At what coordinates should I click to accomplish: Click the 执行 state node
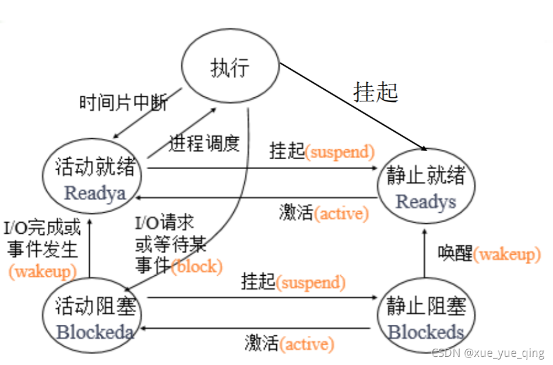click(x=230, y=66)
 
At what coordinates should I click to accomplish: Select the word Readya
click(x=95, y=194)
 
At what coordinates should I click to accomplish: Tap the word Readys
click(x=426, y=202)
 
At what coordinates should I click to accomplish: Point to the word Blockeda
click(x=95, y=332)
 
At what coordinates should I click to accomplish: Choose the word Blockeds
click(x=426, y=332)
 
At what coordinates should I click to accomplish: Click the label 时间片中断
click(x=124, y=103)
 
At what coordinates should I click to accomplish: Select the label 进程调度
click(x=204, y=143)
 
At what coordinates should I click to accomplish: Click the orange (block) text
click(x=197, y=266)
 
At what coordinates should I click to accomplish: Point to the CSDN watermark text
click(x=488, y=353)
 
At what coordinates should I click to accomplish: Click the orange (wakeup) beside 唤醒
click(x=507, y=254)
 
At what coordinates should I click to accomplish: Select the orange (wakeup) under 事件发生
click(x=43, y=272)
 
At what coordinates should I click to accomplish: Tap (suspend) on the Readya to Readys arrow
click(x=340, y=152)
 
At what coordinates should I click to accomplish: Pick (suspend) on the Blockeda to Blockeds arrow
click(x=311, y=282)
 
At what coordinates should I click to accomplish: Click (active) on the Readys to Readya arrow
click(x=341, y=213)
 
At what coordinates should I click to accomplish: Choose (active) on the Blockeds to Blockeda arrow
click(x=307, y=344)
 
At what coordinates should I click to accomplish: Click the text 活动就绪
click(x=95, y=166)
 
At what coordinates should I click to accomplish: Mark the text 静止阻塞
click(x=426, y=306)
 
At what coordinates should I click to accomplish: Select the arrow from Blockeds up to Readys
click(x=424, y=254)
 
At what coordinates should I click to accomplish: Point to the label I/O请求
click(x=164, y=223)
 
